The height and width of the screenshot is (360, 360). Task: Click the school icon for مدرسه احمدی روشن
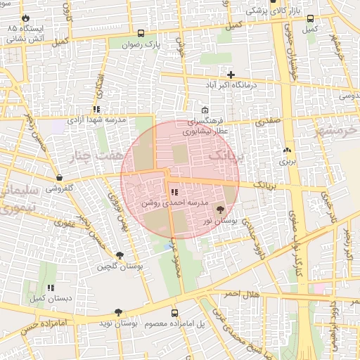(x=174, y=192)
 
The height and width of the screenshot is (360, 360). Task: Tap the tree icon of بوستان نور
(x=220, y=210)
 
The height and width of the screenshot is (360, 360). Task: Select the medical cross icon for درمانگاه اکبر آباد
(x=231, y=75)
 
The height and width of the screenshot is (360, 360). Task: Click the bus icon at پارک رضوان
(x=141, y=33)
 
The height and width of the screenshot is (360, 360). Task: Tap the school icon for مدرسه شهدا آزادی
(x=96, y=110)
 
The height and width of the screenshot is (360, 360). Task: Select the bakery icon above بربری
(x=286, y=151)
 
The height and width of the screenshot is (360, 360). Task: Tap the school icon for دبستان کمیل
(x=51, y=288)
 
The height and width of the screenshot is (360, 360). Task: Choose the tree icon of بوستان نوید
(x=118, y=312)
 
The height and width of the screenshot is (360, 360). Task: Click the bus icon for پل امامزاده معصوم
(x=174, y=313)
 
